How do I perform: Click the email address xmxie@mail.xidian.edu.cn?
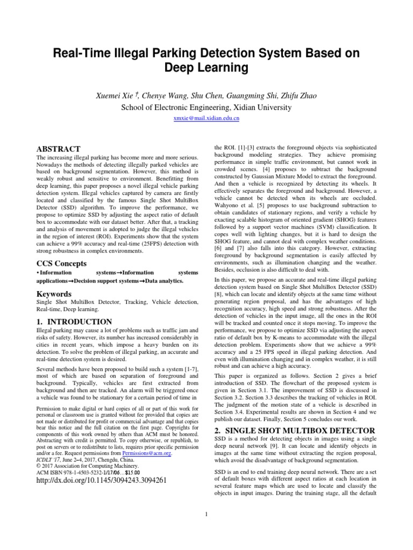206,118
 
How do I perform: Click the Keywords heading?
54,294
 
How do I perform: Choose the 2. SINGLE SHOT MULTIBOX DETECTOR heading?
294,431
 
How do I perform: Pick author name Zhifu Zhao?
295,96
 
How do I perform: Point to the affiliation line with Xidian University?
206,107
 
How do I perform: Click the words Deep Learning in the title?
206,68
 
